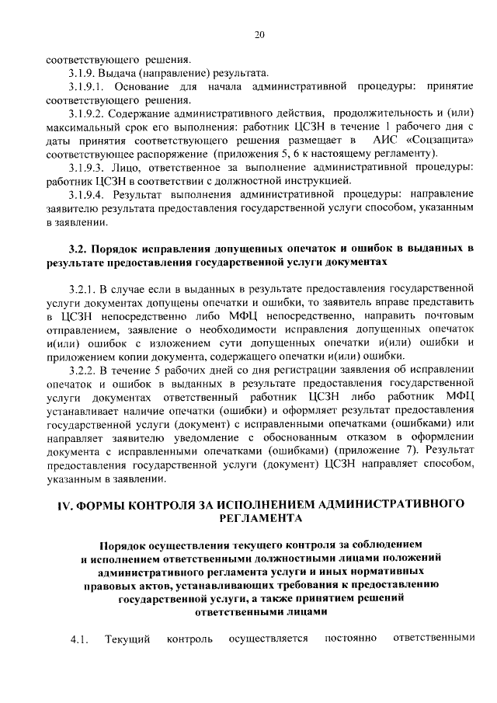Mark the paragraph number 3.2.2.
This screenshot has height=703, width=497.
(85, 369)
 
